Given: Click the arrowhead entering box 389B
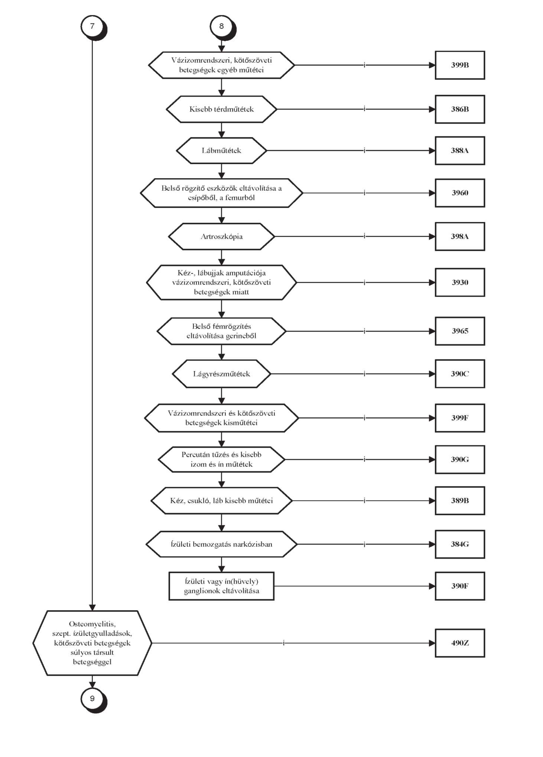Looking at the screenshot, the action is [x=432, y=501].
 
